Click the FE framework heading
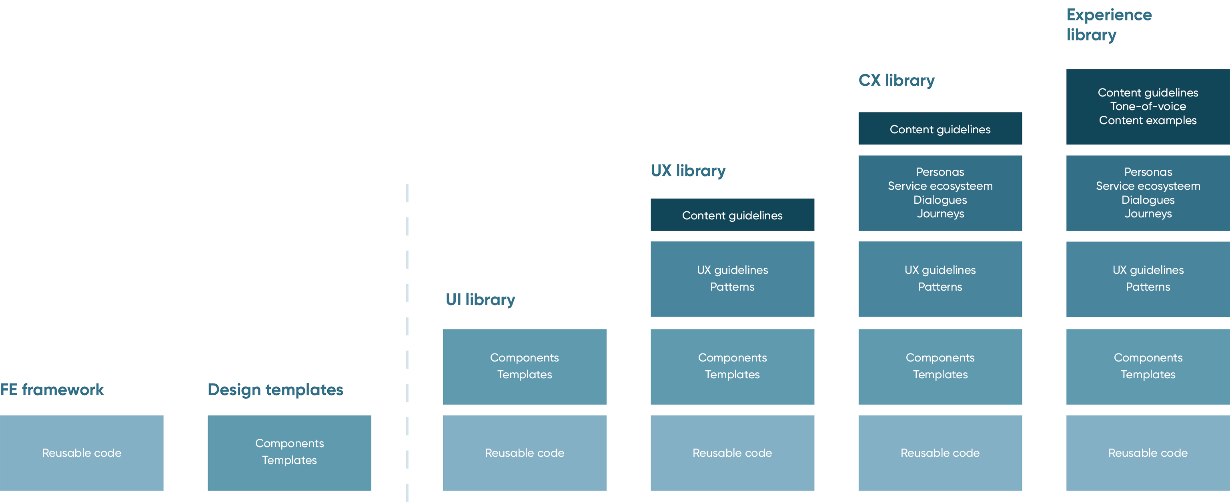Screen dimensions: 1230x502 coord(52,390)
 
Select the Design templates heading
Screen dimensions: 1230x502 coord(276,390)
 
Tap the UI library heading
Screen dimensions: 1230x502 coord(480,300)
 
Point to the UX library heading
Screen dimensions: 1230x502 coord(688,171)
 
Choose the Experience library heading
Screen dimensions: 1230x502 coord(1109,25)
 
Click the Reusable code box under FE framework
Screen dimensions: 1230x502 coord(82,453)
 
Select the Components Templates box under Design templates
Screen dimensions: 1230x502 coord(289,453)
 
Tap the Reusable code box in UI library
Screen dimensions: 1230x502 coord(525,453)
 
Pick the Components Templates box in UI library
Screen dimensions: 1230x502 coord(525,367)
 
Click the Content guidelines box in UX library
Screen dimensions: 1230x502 coord(733,215)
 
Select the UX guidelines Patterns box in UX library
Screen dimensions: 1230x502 coord(733,279)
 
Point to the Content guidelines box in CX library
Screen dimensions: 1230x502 coord(940,129)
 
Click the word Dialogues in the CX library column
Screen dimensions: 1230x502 coord(940,200)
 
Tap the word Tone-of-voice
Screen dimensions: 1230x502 coord(1148,106)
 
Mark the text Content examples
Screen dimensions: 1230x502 coord(1148,120)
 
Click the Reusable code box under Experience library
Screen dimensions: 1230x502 coord(1148,453)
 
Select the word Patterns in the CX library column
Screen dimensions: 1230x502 coord(940,287)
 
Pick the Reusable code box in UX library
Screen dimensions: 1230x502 coord(733,453)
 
